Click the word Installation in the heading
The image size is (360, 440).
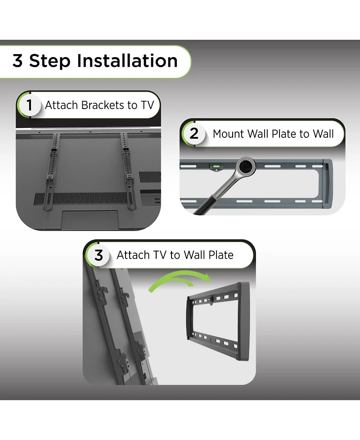tap(127, 61)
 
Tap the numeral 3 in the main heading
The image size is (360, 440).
tap(18, 61)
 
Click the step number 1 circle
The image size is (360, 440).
tap(29, 105)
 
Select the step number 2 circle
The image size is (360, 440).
tap(194, 134)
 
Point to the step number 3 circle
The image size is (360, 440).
tap(99, 255)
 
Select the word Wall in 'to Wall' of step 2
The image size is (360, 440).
tap(323, 134)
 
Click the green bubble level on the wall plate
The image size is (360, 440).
tap(216, 167)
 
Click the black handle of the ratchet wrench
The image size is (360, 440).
tap(206, 206)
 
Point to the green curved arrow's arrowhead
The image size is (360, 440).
tap(206, 277)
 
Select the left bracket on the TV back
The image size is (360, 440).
tap(51, 171)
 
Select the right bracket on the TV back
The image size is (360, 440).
tap(128, 171)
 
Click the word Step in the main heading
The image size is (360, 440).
tap(50, 61)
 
